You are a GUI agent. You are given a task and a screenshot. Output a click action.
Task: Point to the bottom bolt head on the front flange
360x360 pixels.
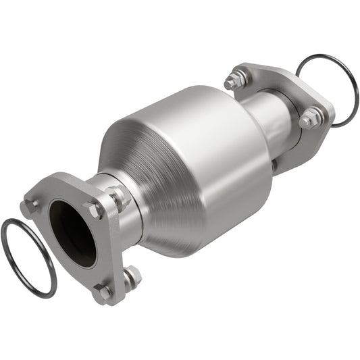pos(103,292)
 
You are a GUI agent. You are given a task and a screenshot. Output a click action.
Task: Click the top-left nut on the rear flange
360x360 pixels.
pos(234,80)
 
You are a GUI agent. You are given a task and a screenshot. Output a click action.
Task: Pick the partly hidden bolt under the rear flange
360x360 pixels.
pos(274,164)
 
